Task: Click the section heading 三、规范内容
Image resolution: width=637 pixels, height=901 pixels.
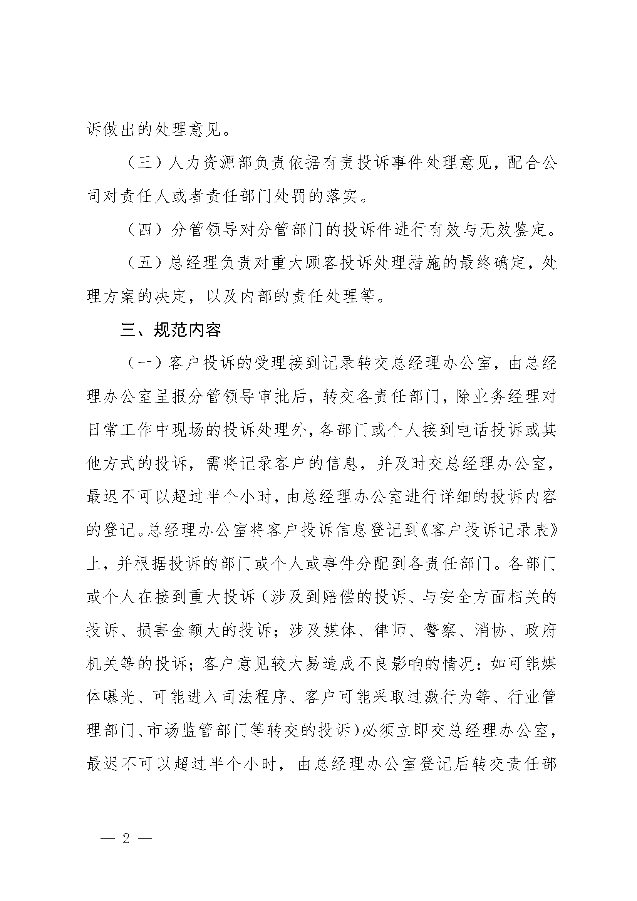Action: click(x=170, y=330)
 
